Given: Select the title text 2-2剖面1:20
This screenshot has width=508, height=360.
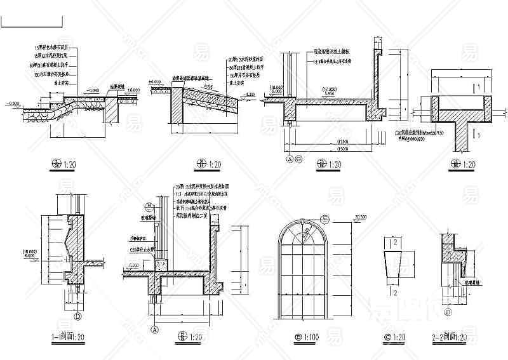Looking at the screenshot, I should pos(453,336).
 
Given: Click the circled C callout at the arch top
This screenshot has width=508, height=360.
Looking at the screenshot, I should pos(324,220).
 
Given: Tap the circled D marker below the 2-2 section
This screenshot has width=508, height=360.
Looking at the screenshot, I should pos(448,312).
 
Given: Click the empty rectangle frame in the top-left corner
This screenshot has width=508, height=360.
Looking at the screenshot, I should pos(32,21).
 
